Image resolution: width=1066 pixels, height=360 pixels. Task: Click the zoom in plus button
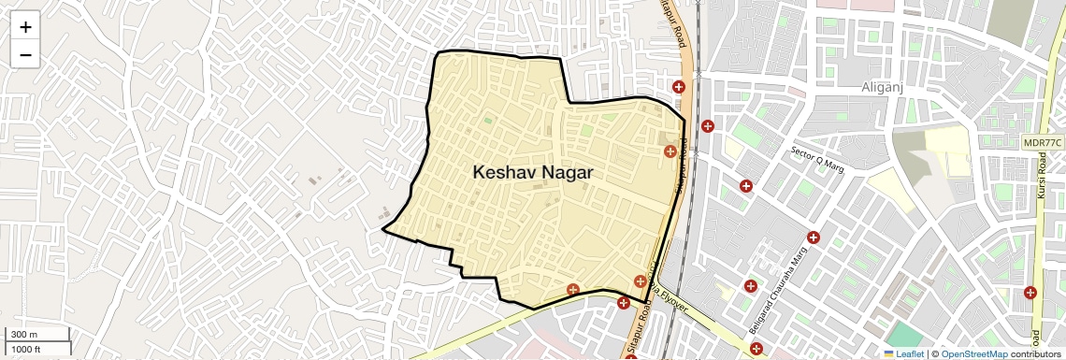[x=25, y=27]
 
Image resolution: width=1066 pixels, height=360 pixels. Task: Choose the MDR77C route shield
[x=1042, y=142]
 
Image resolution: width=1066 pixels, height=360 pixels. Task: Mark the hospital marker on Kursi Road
[x=1030, y=293]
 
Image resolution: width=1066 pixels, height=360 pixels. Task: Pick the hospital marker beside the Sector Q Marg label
[x=746, y=186]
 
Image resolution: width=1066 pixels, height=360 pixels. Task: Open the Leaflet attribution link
[x=910, y=353]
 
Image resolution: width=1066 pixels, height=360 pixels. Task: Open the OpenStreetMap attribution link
[x=973, y=353]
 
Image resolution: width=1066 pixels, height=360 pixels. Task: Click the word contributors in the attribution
[x=1035, y=353]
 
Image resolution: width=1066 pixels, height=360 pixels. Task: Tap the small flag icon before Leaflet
[x=889, y=353]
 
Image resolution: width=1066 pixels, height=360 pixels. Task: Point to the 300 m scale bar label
[x=25, y=335]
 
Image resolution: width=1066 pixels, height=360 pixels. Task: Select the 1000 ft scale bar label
[x=27, y=349]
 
